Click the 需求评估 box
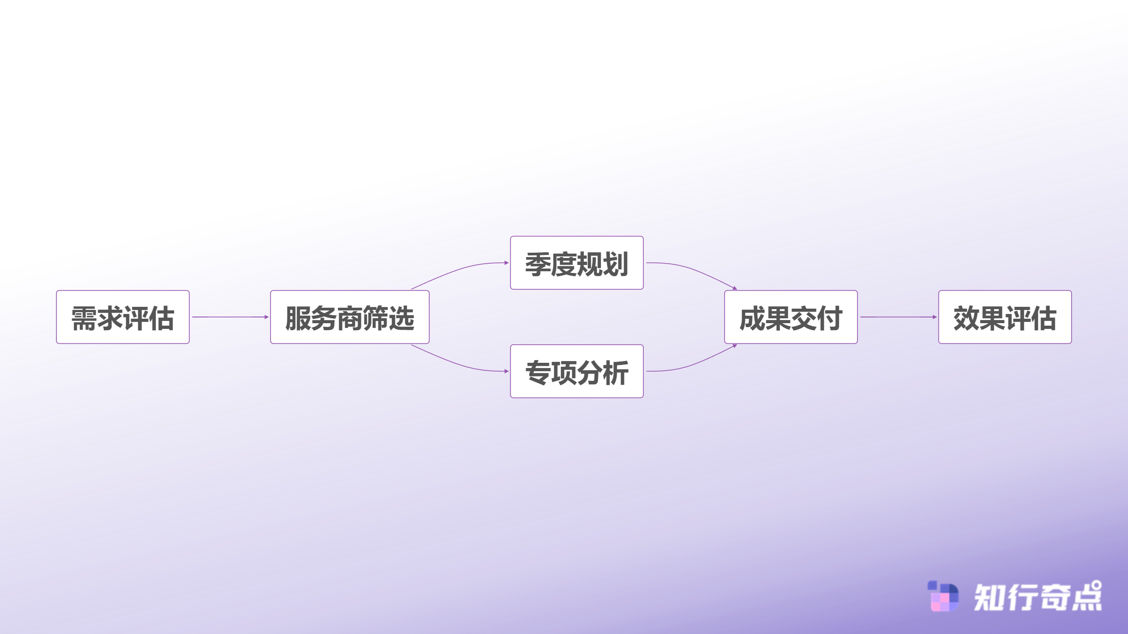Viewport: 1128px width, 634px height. pyautogui.click(x=122, y=317)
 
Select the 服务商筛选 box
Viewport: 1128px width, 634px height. pyautogui.click(x=350, y=317)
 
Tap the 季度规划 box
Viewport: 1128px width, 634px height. pyautogui.click(x=577, y=263)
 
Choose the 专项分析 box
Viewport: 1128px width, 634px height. pyautogui.click(x=577, y=371)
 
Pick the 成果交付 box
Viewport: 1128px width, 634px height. pyautogui.click(x=791, y=317)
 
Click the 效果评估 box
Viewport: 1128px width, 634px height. pyautogui.click(x=1005, y=317)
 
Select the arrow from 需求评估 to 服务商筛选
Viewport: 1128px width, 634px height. pyautogui.click(x=230, y=317)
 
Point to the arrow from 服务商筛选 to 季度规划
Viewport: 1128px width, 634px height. pyautogui.click(x=458, y=270)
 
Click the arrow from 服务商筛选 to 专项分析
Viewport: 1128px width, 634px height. pyautogui.click(x=458, y=364)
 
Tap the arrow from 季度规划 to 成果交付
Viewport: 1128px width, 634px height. pyautogui.click(x=692, y=270)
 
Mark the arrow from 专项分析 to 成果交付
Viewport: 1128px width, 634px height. pyautogui.click(x=692, y=364)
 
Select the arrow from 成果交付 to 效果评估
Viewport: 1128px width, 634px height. pyautogui.click(x=898, y=317)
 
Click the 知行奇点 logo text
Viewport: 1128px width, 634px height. pyautogui.click(x=1037, y=597)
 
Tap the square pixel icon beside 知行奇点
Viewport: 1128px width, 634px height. pyautogui.click(x=943, y=596)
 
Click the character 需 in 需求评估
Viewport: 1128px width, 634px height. pyautogui.click(x=84, y=318)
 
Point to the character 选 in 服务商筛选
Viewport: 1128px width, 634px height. pyautogui.click(x=401, y=318)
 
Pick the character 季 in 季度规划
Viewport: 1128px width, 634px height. pyautogui.click(x=538, y=264)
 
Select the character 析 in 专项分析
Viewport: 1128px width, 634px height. pyautogui.click(x=616, y=372)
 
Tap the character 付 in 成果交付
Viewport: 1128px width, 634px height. pyautogui.click(x=830, y=318)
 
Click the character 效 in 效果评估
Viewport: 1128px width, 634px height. pyautogui.click(x=966, y=318)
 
